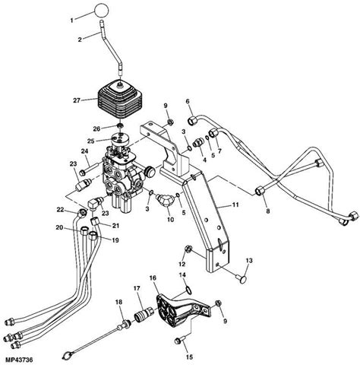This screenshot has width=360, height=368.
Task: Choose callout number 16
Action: pos(152,279)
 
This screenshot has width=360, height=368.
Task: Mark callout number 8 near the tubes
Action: pos(266,212)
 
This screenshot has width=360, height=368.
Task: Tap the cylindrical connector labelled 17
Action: pos(141,312)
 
